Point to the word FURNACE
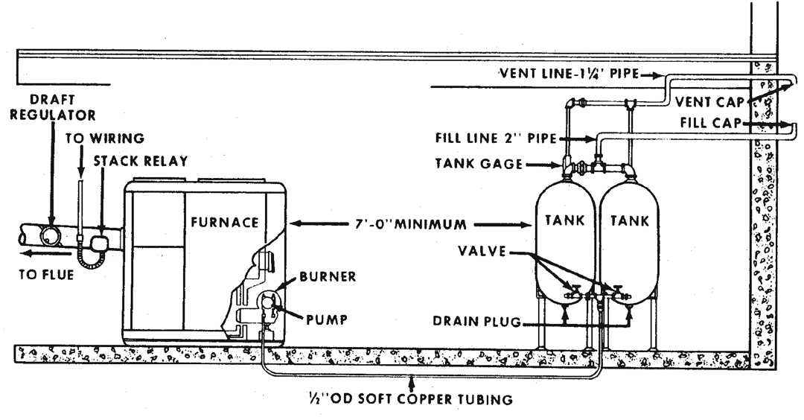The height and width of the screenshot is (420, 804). point(223,222)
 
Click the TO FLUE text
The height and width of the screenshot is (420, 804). point(46,275)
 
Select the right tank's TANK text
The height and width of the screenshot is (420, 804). point(629,221)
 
